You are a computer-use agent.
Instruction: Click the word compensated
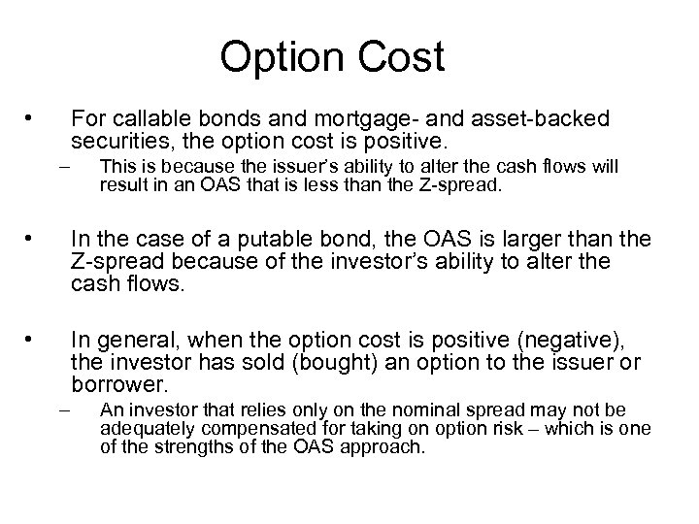pos(234,429)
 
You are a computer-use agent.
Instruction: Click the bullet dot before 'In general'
pos(32,340)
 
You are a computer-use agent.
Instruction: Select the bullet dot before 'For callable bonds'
pos(32,119)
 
